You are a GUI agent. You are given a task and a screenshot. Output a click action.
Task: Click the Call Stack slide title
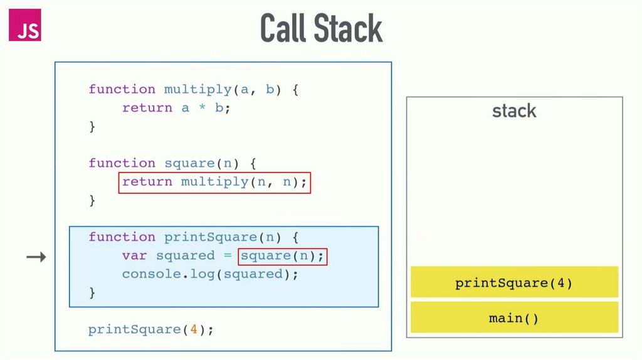point(321,29)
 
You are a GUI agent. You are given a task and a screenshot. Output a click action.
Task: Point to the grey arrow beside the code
point(36,257)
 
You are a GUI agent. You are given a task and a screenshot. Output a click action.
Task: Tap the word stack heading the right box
point(514,112)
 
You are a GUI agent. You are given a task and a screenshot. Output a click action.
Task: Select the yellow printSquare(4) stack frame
point(514,283)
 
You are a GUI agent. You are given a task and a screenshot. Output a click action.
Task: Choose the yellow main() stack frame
point(514,318)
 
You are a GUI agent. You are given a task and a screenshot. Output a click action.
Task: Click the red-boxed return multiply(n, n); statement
point(214,182)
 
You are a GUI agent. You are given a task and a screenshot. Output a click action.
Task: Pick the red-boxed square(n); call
point(283,256)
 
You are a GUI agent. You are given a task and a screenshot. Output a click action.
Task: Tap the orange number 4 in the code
point(194,329)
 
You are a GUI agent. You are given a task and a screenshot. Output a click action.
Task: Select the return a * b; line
point(176,108)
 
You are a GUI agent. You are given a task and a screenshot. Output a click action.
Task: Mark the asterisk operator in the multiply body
point(203,109)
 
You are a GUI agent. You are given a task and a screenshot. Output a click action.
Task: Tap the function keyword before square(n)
point(122,163)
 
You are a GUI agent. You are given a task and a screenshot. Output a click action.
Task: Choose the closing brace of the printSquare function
point(92,292)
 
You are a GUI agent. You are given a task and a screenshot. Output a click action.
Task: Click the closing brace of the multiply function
point(92,126)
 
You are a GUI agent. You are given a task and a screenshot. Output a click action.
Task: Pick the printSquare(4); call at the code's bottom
point(151,329)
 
